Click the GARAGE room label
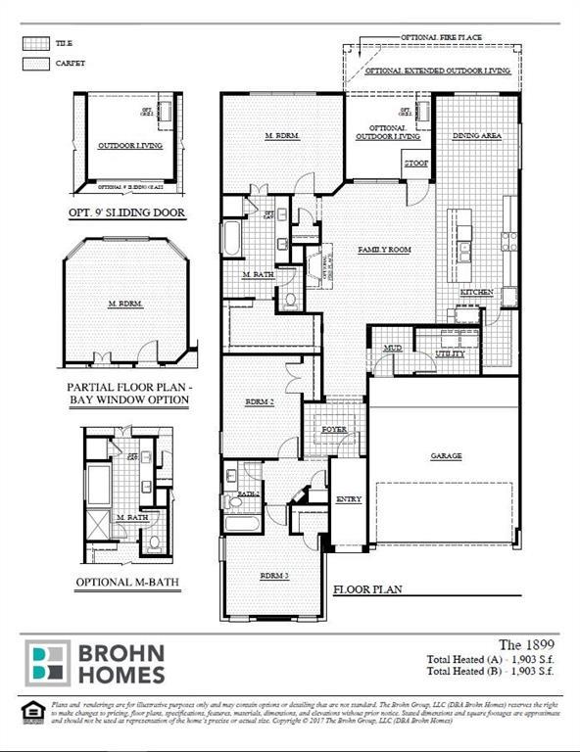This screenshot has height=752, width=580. (446, 455)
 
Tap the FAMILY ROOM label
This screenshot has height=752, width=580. (383, 250)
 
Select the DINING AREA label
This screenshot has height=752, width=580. (476, 136)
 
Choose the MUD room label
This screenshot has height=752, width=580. (392, 348)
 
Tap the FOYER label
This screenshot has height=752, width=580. (335, 429)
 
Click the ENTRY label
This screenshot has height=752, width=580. (349, 499)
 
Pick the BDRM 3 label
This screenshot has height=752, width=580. (272, 575)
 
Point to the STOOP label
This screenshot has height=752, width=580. (415, 164)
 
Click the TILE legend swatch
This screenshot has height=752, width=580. (35, 44)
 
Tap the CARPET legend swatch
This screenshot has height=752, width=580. (35, 64)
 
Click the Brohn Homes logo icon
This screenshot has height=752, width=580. (47, 663)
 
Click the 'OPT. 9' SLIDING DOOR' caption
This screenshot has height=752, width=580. (127, 211)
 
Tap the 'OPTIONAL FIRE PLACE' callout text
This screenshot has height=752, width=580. (441, 36)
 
